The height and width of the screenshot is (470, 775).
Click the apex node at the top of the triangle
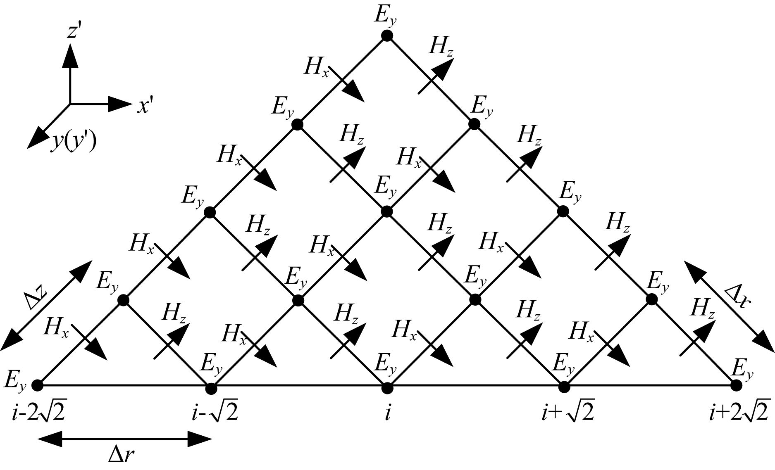[x=387, y=36]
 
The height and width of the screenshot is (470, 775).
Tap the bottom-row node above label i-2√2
[x=37, y=385]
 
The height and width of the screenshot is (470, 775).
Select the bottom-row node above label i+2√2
[x=735, y=385]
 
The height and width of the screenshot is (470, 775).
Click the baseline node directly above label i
[x=387, y=388]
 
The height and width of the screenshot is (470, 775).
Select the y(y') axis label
[x=74, y=142]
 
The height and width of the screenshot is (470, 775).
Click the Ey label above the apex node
[x=386, y=15]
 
